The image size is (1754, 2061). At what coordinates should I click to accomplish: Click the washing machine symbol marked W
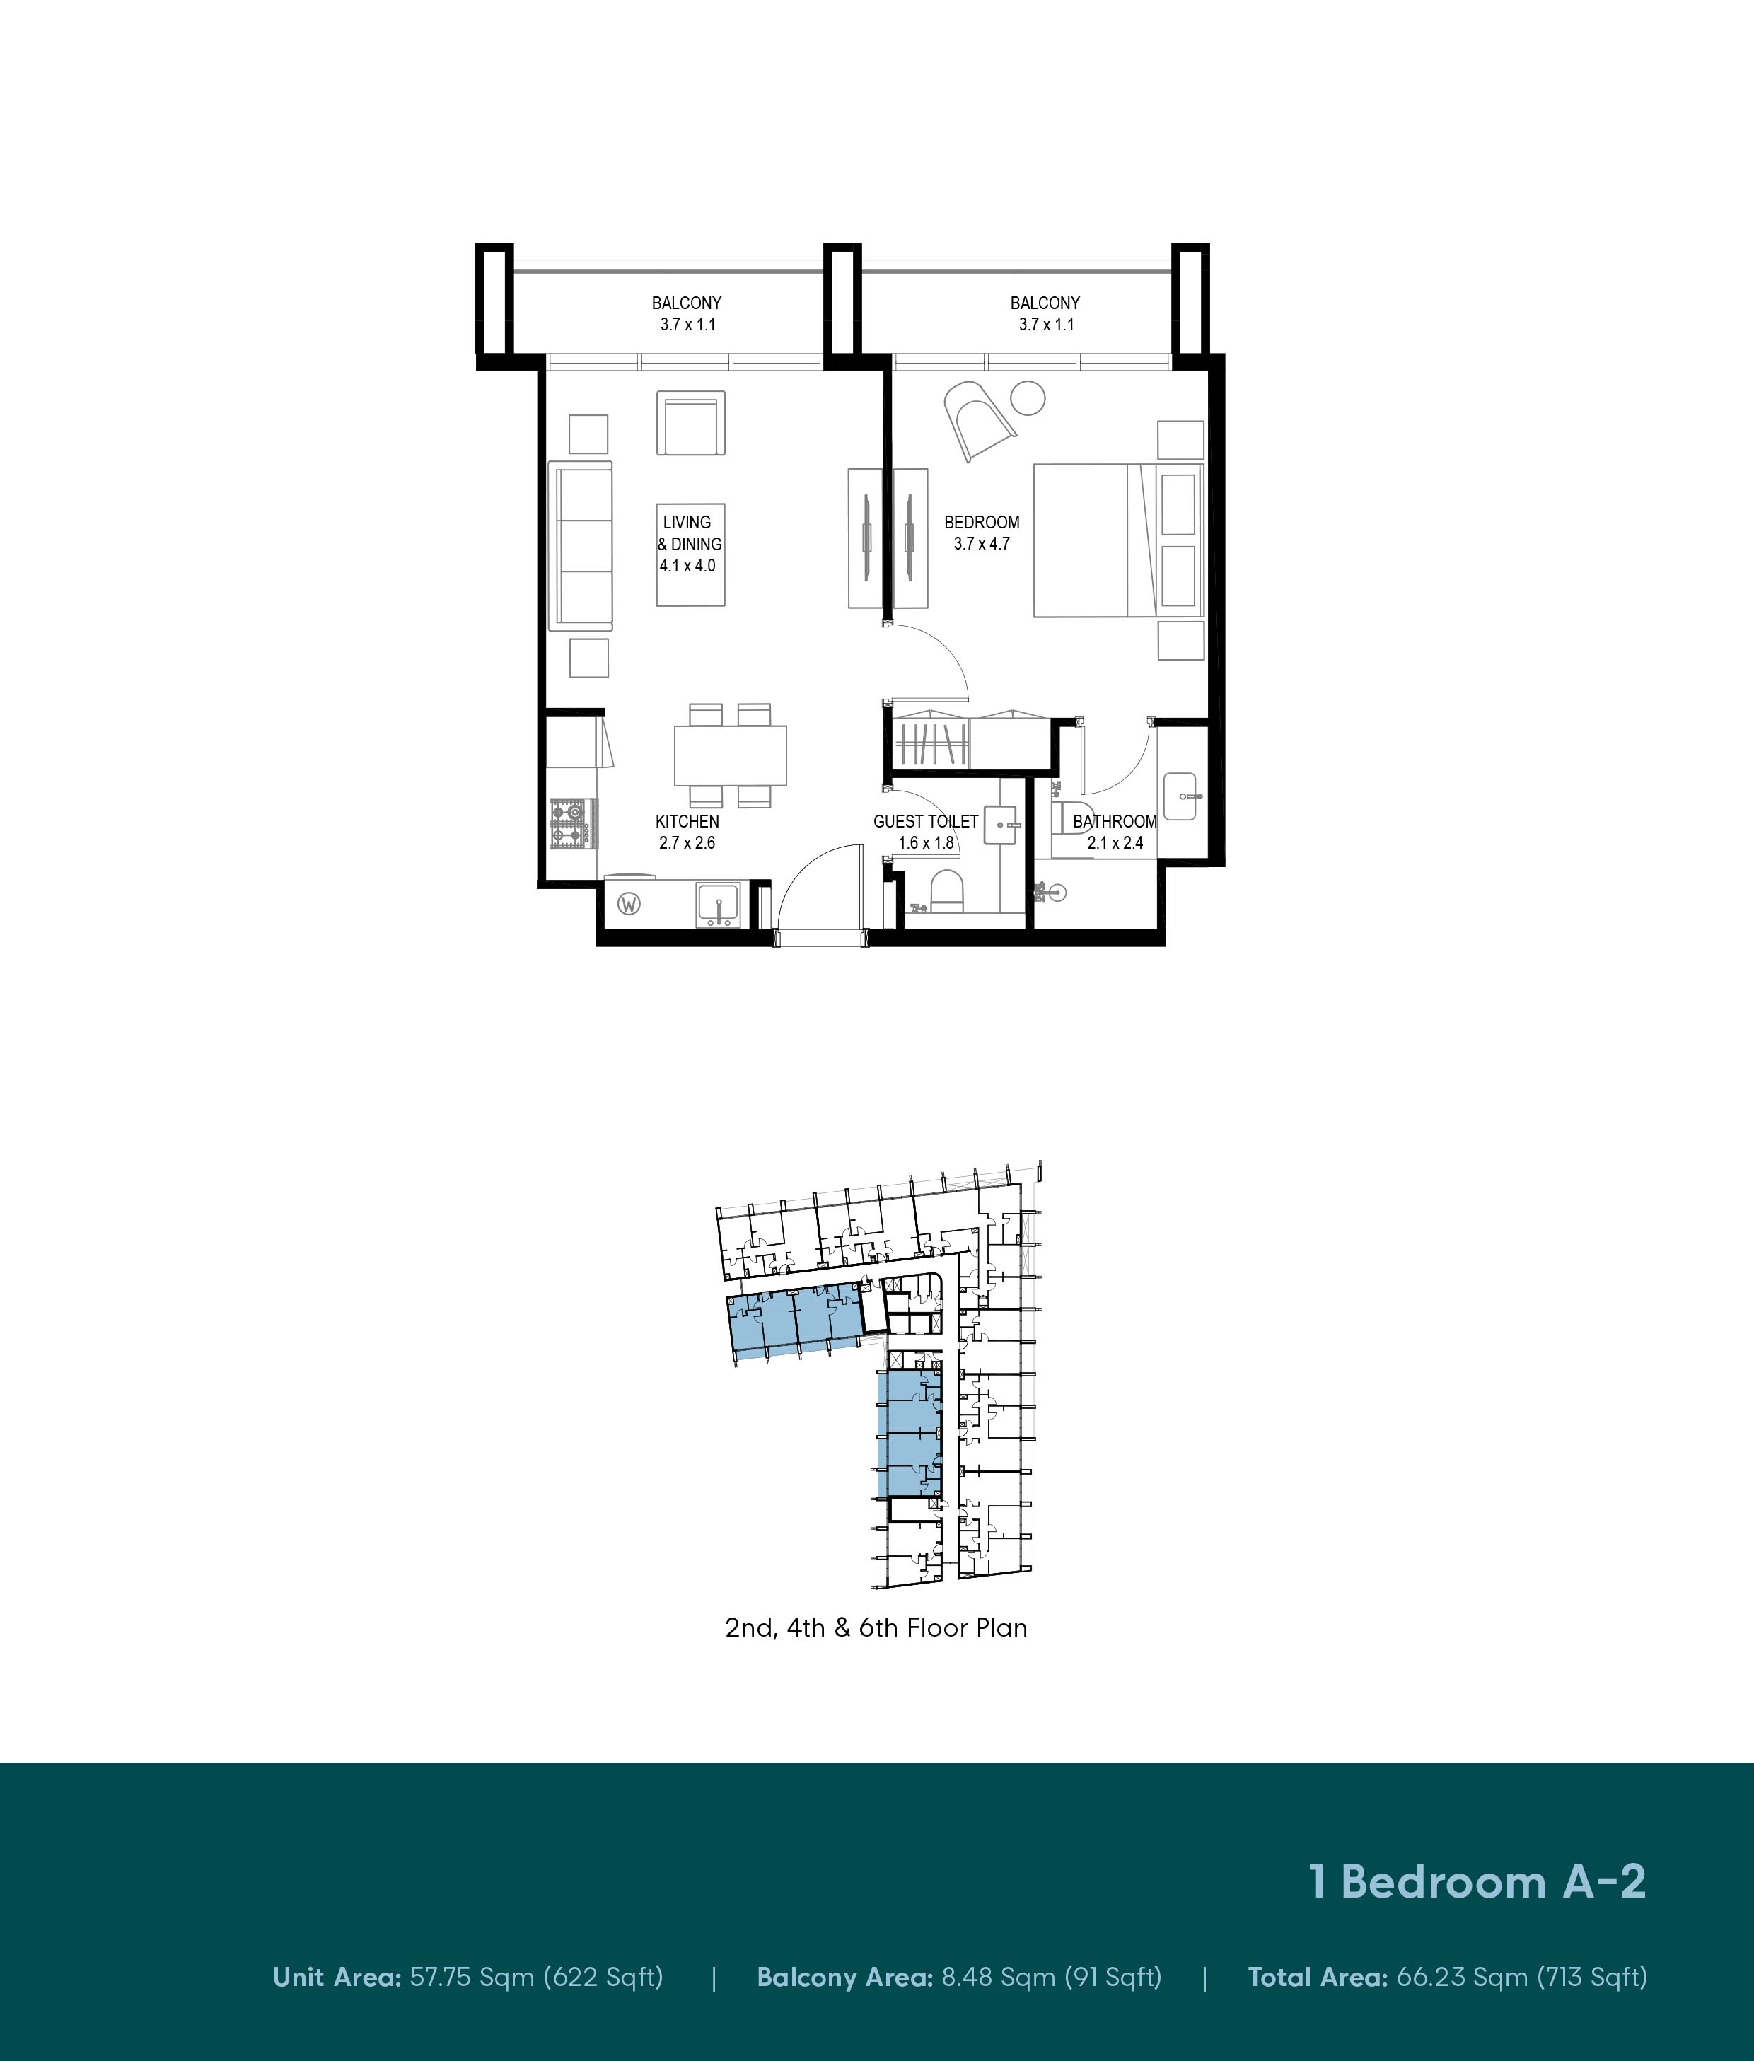[629, 904]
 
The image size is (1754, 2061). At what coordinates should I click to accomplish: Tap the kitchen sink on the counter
[717, 904]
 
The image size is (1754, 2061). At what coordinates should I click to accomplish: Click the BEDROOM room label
[982, 522]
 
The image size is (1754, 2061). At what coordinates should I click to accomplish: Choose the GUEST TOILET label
[926, 821]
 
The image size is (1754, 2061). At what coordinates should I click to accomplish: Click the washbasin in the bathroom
[1181, 796]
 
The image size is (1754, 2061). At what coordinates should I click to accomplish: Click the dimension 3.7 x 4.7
[982, 544]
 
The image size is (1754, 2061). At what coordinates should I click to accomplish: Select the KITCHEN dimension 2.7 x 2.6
[687, 843]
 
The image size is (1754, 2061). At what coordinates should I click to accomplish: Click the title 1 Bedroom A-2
[1477, 1881]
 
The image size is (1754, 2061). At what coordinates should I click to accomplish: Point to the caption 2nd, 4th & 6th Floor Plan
[876, 1627]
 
